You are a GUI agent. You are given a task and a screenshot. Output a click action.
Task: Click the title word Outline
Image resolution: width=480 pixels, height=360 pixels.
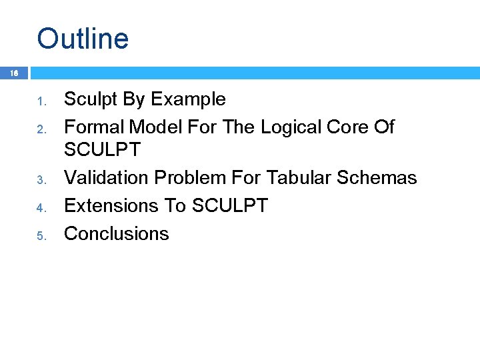coord(83,38)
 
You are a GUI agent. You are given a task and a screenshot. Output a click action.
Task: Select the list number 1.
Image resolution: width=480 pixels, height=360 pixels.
coord(40,102)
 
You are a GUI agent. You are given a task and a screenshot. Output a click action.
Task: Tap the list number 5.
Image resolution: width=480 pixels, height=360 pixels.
coord(40,235)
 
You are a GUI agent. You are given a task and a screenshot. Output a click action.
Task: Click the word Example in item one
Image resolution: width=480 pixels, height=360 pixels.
coord(189,100)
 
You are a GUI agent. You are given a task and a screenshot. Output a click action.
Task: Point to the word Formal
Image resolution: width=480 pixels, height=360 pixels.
coord(94,127)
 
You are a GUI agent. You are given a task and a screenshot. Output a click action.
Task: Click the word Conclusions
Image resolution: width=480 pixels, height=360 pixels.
coord(116,233)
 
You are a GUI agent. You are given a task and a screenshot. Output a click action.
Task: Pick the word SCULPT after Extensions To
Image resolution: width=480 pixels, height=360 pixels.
coord(229,205)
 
